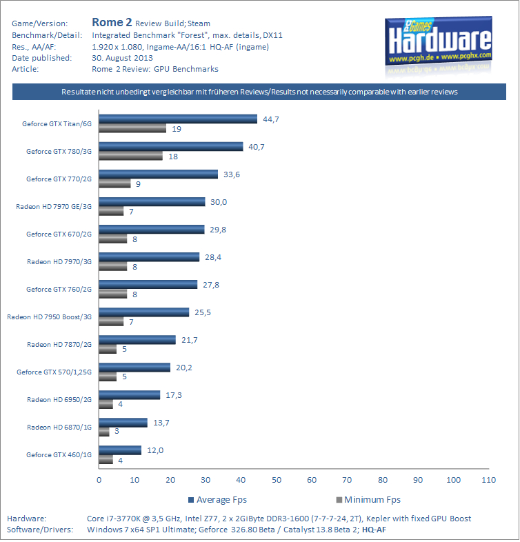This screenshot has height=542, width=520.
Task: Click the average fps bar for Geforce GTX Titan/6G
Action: pos(178,119)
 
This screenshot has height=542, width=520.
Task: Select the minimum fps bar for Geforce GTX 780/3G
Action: pos(131,156)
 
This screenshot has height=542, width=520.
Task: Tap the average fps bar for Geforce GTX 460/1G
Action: pos(120,450)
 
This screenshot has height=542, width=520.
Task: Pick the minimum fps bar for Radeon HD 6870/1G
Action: pos(104,432)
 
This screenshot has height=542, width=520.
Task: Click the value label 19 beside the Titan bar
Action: pos(177,128)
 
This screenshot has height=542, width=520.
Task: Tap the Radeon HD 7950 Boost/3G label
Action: pos(49,317)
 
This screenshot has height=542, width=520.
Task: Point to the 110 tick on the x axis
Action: pos(488,479)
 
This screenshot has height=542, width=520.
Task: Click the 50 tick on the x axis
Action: pos(276,479)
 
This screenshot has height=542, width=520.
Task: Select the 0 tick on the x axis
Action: pos(99,479)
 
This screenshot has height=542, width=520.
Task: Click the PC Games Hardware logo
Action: pos(438,41)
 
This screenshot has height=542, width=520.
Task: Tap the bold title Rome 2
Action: pos(112,22)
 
